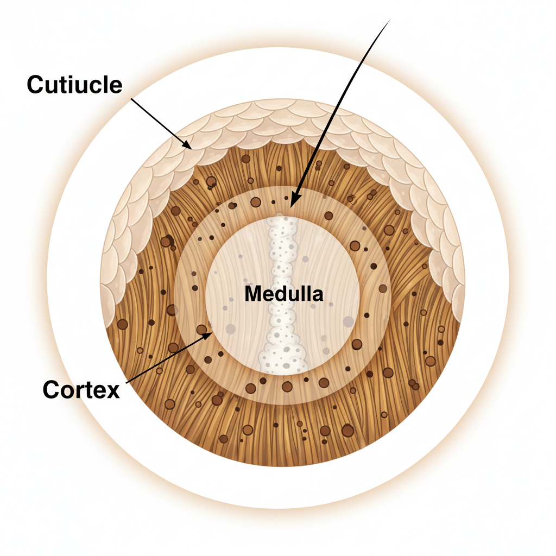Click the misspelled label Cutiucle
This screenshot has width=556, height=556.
(75, 85)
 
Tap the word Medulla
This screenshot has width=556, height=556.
(283, 294)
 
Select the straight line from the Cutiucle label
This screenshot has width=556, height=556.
(160, 122)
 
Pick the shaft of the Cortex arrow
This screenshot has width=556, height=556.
(168, 358)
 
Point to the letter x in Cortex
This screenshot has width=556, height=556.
(113, 390)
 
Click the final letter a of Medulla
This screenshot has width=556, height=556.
(318, 295)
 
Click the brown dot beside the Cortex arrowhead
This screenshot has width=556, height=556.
(201, 329)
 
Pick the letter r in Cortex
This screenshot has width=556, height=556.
(80, 390)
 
